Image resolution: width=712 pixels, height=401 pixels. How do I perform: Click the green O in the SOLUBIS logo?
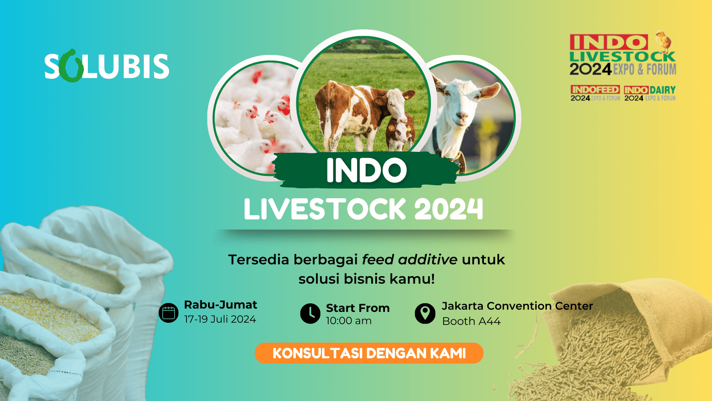71,66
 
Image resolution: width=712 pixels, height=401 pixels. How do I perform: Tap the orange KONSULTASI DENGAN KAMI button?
369,353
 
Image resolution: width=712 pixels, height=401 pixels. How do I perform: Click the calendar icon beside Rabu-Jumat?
168,313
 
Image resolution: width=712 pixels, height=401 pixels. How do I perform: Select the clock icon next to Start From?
310,313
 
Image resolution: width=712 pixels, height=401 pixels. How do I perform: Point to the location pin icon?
425,313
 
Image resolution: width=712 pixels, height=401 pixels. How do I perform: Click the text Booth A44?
471,321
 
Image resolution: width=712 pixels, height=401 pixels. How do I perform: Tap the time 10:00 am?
349,321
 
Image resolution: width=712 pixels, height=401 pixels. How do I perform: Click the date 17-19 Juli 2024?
220,319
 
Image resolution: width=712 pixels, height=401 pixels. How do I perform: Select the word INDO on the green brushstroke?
366,170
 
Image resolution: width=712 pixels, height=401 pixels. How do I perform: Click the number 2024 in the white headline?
449,209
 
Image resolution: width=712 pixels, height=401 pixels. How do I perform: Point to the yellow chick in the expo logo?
664,42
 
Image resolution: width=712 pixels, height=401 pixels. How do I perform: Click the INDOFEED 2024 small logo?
595,93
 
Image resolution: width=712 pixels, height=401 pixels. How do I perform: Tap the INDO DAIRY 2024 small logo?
650,93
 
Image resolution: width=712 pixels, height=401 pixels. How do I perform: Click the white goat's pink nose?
462,117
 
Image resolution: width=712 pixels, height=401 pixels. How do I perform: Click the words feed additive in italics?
409,260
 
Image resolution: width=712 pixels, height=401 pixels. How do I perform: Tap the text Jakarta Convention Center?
517,306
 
